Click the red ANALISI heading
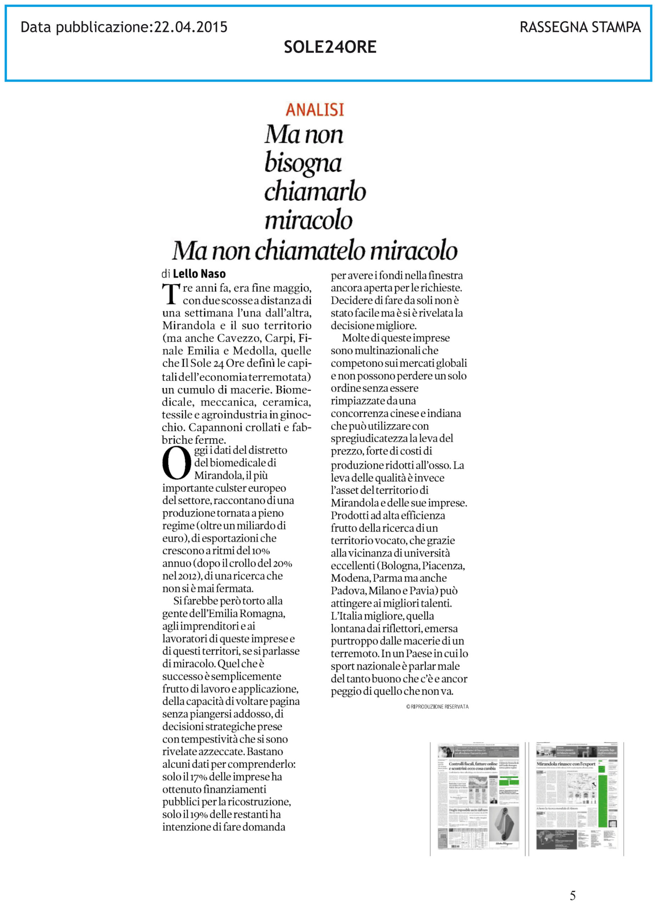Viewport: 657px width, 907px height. pyautogui.click(x=315, y=109)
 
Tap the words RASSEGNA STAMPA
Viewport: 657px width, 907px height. pyautogui.click(x=580, y=27)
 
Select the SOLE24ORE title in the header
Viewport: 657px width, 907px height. pyautogui.click(x=330, y=47)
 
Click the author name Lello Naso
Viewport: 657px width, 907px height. pyautogui.click(x=199, y=274)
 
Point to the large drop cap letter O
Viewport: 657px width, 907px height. pyautogui.click(x=176, y=464)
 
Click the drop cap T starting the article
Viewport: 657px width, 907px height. pyautogui.click(x=171, y=294)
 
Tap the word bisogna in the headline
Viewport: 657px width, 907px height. pyautogui.click(x=303, y=163)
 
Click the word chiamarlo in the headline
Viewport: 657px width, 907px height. pyautogui.click(x=315, y=192)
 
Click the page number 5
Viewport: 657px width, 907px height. pyautogui.click(x=573, y=895)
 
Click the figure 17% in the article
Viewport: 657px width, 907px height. pyautogui.click(x=198, y=777)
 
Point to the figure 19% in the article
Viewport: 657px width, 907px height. pyautogui.click(x=199, y=815)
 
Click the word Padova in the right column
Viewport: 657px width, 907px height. pyautogui.click(x=348, y=591)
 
